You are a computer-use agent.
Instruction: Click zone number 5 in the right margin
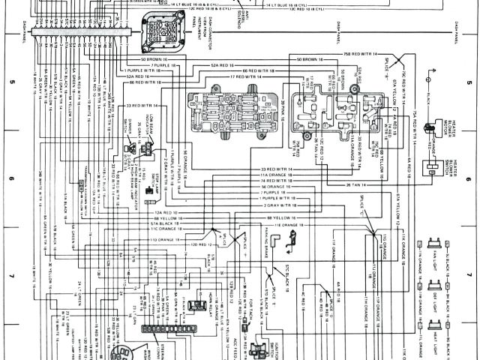(469, 82)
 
